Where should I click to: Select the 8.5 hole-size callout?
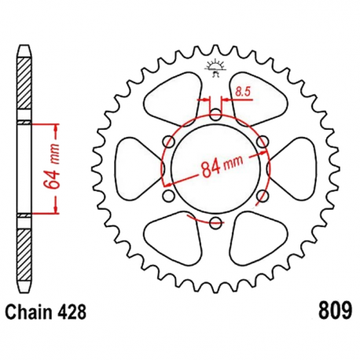coord(241,93)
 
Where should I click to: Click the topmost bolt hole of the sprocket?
coord(215,115)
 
